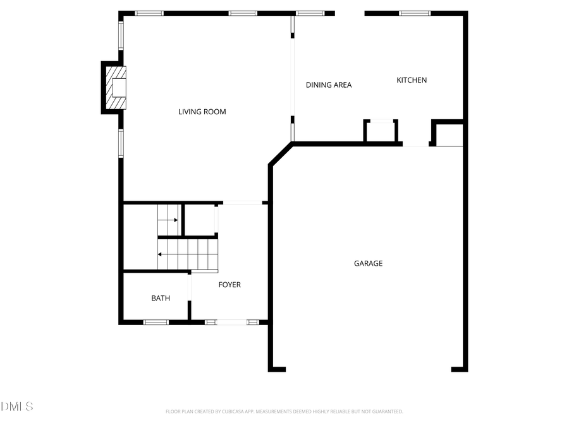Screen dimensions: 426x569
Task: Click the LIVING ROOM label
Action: (202, 112)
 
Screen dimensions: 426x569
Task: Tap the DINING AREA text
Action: (329, 85)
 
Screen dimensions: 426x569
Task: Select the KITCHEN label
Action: (412, 80)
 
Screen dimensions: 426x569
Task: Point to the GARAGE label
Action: (368, 263)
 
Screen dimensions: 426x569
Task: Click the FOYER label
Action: (229, 285)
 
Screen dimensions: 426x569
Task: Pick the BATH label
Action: (161, 299)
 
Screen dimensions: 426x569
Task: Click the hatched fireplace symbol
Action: (116, 88)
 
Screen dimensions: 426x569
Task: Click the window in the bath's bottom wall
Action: (156, 322)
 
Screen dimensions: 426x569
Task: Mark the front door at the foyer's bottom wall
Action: (231, 322)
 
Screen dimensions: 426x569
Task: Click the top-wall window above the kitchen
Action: (415, 13)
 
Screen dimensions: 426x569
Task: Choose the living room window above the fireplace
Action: (121, 35)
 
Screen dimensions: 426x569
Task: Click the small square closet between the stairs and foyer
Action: (200, 220)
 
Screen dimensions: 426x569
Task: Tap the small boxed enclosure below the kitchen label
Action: (381, 131)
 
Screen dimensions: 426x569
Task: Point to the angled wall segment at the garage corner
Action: (281, 155)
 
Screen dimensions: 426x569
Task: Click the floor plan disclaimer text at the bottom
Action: (284, 411)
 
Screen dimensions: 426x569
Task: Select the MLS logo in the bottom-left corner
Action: (17, 406)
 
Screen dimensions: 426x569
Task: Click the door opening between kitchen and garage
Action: (416, 145)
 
